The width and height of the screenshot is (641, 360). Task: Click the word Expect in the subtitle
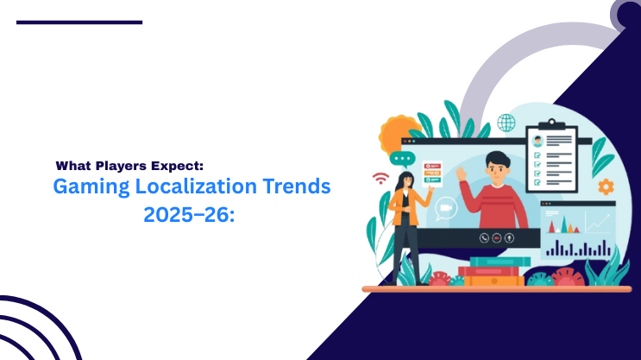coord(179,164)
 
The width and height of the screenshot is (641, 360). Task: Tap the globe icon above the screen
coord(506,123)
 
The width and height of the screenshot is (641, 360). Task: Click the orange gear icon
coord(606,186)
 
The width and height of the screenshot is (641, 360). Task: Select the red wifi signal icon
coord(380,179)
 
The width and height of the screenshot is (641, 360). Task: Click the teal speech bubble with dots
coord(401,159)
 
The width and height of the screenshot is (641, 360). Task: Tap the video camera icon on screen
coord(446,207)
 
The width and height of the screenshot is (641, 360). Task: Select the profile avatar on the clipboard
coord(537,140)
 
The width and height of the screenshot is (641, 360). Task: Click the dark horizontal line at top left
coord(79,22)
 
